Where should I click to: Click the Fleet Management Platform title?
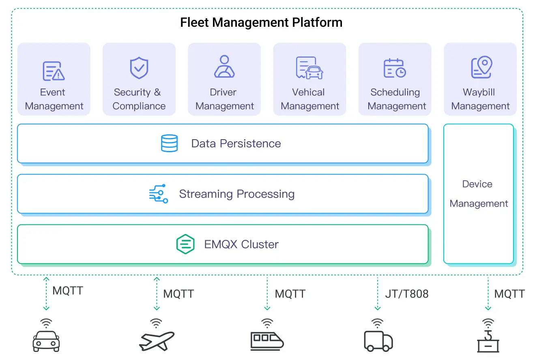(x=261, y=22)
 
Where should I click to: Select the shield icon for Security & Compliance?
(x=139, y=68)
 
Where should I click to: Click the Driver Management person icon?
(x=224, y=67)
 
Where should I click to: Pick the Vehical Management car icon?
(x=309, y=68)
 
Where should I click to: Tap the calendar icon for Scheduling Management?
(x=395, y=68)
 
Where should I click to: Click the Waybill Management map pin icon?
(x=481, y=67)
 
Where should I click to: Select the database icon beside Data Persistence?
(x=169, y=143)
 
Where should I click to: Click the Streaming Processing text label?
(x=237, y=194)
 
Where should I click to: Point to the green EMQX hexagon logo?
(x=185, y=244)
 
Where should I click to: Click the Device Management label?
(x=478, y=194)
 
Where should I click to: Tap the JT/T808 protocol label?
(x=406, y=294)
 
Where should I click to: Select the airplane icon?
(x=157, y=341)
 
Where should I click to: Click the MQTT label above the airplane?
(x=178, y=294)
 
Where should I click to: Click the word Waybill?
(x=479, y=92)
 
